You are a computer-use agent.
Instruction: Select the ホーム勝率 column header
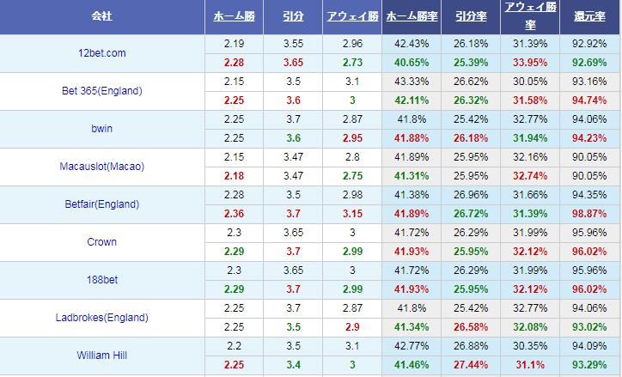(412, 16)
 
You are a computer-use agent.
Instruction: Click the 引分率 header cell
(472, 16)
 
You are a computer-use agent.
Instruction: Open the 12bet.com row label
(101, 53)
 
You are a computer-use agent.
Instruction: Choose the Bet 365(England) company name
(102, 91)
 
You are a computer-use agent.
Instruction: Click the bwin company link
(101, 129)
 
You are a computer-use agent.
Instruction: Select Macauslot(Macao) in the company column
(102, 167)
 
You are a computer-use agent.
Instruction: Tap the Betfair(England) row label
(101, 204)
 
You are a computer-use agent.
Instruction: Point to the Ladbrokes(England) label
(101, 318)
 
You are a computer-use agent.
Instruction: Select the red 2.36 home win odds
(233, 214)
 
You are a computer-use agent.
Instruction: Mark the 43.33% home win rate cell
(412, 82)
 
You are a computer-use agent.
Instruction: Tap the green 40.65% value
(412, 63)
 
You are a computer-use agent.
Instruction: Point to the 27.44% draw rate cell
(472, 365)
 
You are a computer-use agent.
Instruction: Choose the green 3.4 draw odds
(292, 365)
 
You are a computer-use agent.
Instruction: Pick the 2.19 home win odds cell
(233, 44)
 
